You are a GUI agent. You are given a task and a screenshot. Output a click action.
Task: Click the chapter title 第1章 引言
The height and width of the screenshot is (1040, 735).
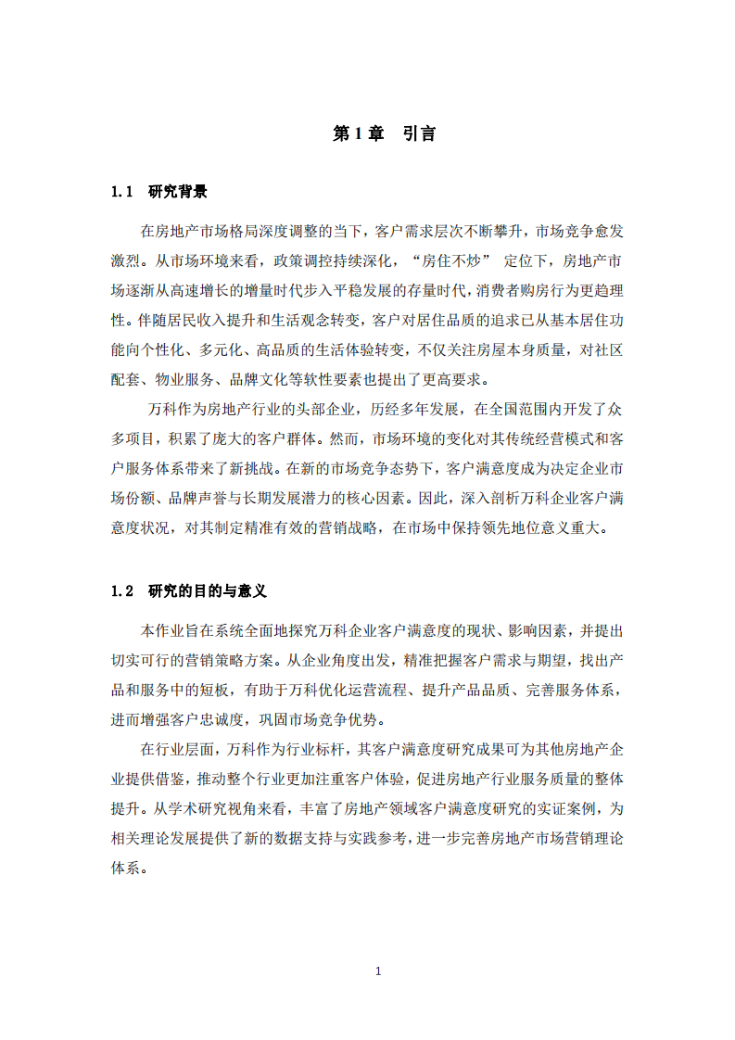(x=384, y=133)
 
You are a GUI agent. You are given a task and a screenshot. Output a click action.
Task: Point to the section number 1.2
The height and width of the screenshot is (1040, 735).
(x=123, y=590)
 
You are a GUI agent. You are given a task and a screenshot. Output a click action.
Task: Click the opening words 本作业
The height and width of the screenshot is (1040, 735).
(x=163, y=631)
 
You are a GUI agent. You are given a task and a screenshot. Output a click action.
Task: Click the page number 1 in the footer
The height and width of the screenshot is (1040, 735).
(x=377, y=971)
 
